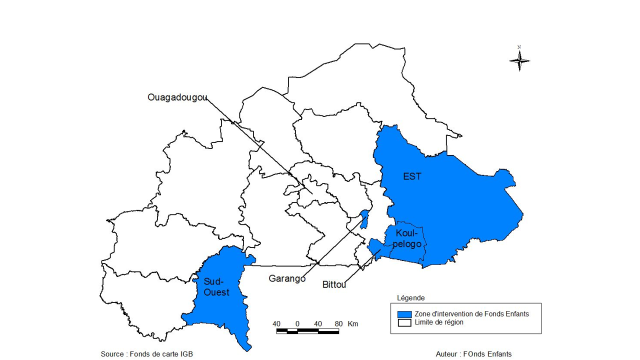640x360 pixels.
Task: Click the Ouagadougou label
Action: coord(177,97)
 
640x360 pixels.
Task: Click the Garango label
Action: coord(286,279)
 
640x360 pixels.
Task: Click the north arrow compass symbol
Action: coord(519,60)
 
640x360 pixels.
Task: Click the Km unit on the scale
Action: coord(353,324)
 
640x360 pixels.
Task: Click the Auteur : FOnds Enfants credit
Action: coord(484,354)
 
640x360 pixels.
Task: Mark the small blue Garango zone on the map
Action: coord(365,219)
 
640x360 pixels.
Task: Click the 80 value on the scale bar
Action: coord(337,324)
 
